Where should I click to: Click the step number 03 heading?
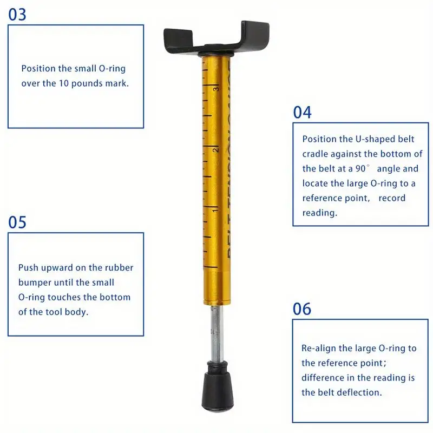pyautogui.click(x=17, y=15)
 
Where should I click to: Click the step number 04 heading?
pyautogui.click(x=302, y=113)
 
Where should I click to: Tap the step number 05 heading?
pyautogui.click(x=17, y=222)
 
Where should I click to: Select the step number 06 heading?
pyautogui.click(x=302, y=309)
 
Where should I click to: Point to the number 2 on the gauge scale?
pyautogui.click(x=215, y=150)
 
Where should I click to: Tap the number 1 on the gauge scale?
pyautogui.click(x=215, y=211)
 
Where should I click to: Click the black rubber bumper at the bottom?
pyautogui.click(x=218, y=386)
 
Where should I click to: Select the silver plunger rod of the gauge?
pyautogui.click(x=217, y=333)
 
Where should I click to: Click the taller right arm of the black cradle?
pyautogui.click(x=255, y=35)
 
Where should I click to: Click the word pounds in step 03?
pyautogui.click(x=85, y=84)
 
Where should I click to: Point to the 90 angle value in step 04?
pyautogui.click(x=360, y=168)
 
